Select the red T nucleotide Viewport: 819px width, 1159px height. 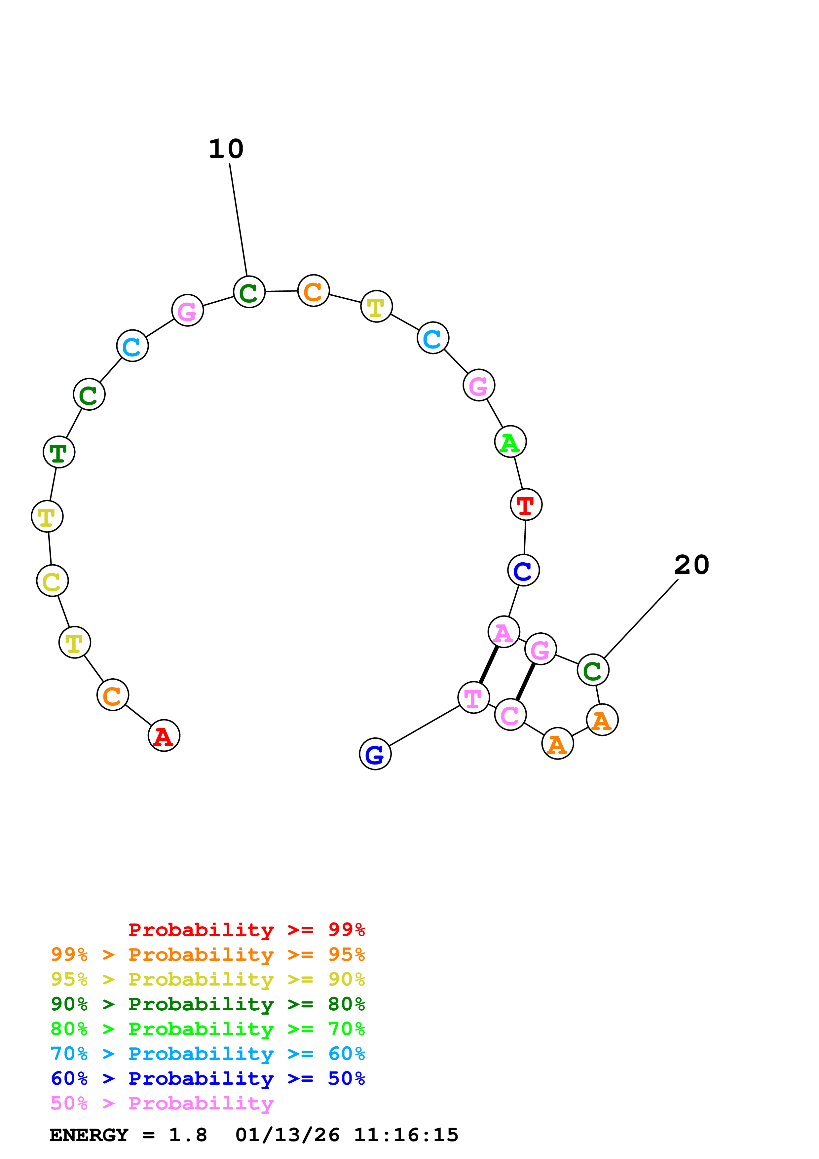coord(526,504)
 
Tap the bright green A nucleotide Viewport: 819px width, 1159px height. coord(510,442)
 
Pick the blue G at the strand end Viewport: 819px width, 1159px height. coord(375,754)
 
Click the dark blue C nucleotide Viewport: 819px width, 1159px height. coord(523,570)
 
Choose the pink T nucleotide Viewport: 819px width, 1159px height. coord(473,698)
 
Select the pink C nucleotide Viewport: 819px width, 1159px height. coord(510,714)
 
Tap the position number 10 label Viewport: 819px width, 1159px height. coord(226,149)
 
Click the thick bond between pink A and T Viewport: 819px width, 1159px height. coord(489,664)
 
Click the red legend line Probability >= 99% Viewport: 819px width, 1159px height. coord(246,930)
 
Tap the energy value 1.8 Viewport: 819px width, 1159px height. coord(188,1135)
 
